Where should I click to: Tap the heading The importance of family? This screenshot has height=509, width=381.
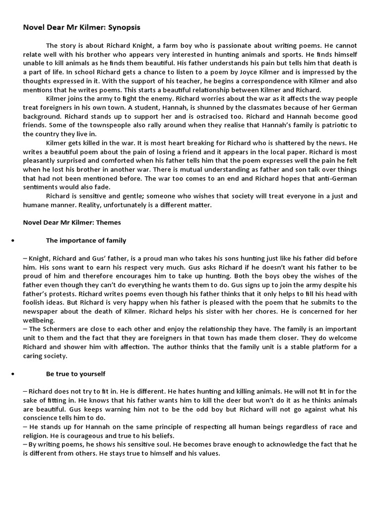coord(86,241)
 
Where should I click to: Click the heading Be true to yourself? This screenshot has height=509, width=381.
coord(75,374)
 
